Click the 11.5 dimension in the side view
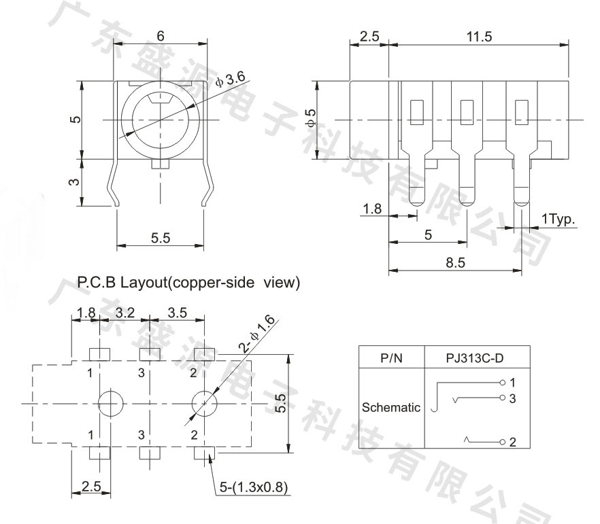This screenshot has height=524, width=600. coord(479,37)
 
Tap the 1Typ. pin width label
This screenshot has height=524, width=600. coord(558,220)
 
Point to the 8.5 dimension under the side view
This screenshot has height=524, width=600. coord(455,262)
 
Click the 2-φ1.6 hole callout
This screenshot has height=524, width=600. coord(256,333)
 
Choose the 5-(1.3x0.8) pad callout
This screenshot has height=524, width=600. coord(253,487)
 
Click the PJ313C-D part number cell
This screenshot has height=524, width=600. coord(475,358)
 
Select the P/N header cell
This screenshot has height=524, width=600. coord(391,358)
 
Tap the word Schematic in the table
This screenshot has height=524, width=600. coord(390,407)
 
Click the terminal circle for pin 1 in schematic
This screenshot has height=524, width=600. coord(503,382)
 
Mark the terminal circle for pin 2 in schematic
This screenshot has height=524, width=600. coord(503,442)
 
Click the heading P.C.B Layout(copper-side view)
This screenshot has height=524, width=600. coord(188,283)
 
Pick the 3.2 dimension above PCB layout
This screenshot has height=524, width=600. coord(125,313)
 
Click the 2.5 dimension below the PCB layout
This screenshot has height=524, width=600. coord(91,486)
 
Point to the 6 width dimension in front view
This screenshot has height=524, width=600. coord(161,36)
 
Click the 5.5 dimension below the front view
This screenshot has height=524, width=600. coord(161,238)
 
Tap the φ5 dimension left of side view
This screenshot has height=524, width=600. coord(312,117)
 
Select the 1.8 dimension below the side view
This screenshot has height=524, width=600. coord(372,209)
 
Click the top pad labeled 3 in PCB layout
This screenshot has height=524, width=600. coord(150,355)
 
